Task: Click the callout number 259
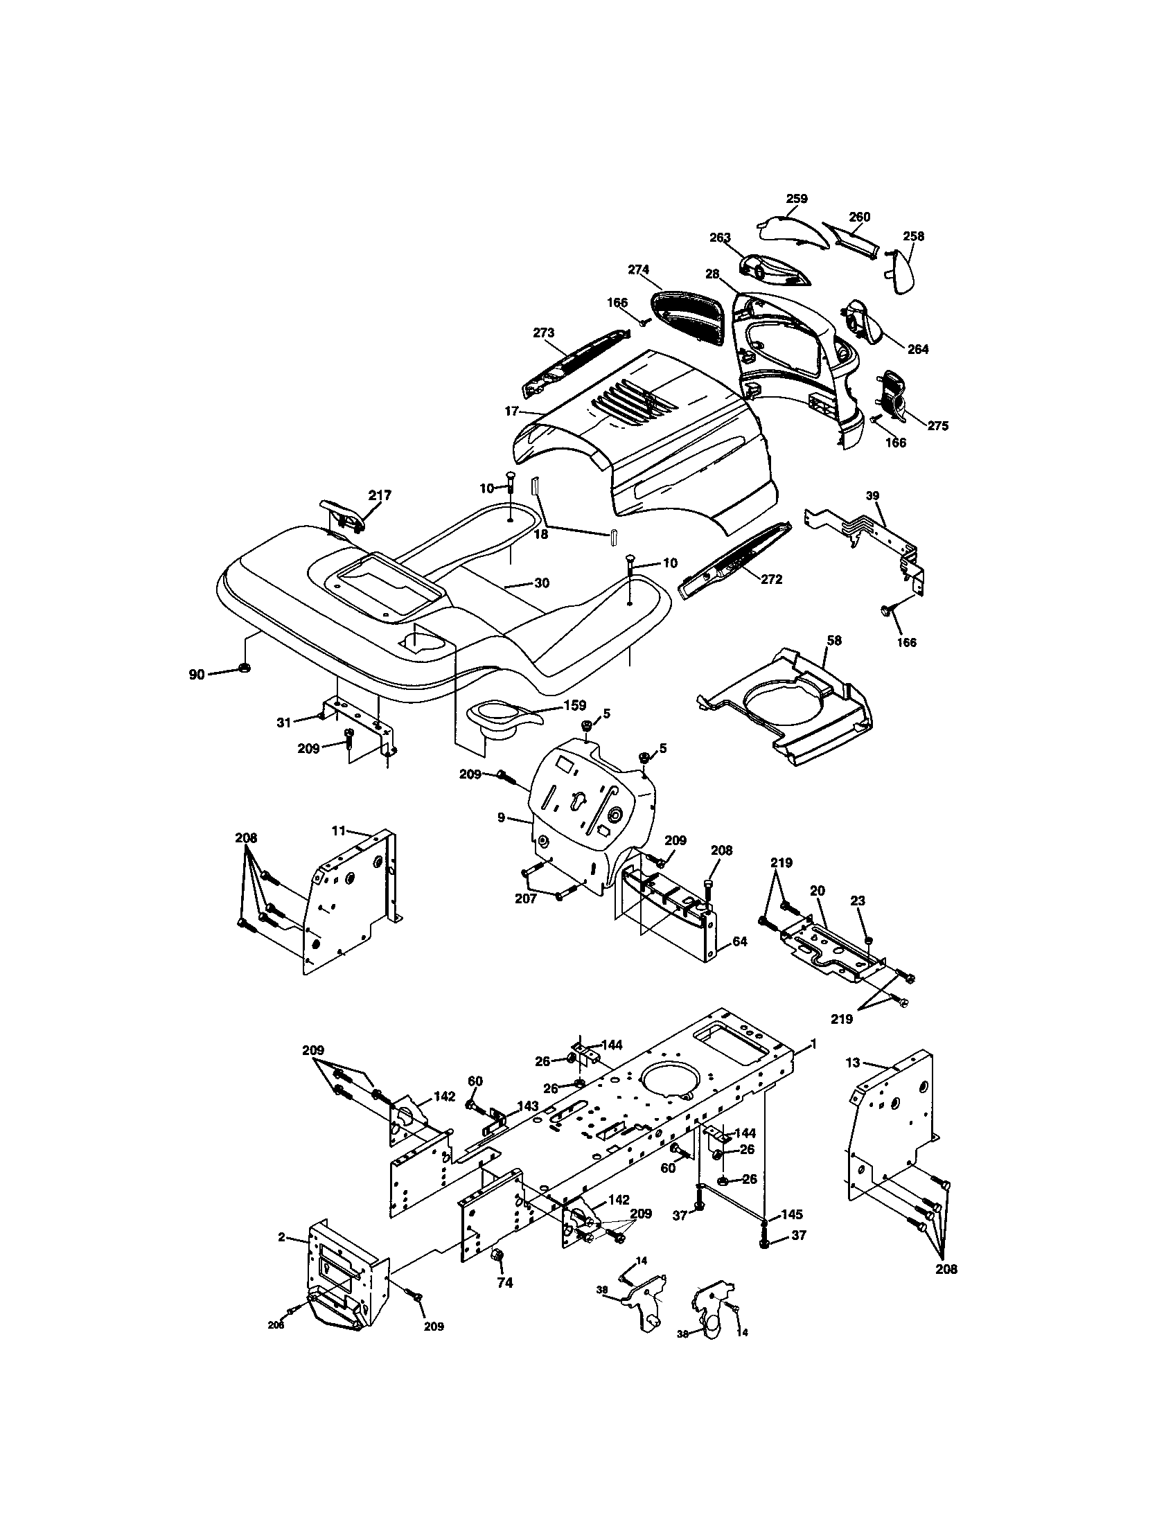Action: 796,199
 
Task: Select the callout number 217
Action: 380,495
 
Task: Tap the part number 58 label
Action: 834,640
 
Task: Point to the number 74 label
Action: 504,1282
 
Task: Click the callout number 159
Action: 574,705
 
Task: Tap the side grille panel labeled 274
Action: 687,314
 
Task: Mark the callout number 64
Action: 740,941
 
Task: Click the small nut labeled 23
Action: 868,941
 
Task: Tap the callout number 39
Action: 873,495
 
